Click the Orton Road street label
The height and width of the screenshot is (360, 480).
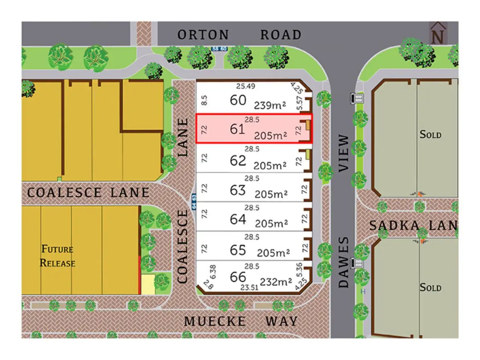coord(239,35)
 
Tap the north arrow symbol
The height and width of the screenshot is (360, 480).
coord(438,35)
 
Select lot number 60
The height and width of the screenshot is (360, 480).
coord(238,100)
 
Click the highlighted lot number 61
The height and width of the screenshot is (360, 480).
coord(237,129)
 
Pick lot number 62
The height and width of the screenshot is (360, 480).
coord(238,161)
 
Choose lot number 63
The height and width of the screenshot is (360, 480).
coord(238,191)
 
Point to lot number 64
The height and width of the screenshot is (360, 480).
coord(238,220)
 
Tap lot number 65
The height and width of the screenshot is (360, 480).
coord(238,250)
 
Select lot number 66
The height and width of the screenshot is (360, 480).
coord(238,277)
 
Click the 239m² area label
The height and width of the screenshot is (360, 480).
coord(270,105)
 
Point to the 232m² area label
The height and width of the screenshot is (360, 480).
coord(276,282)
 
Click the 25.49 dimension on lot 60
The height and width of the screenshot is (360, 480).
coord(246,86)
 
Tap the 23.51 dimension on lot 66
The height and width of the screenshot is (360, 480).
coord(249,288)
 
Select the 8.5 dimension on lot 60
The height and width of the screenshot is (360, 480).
coord(204,101)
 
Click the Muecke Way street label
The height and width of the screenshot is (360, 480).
coord(241,322)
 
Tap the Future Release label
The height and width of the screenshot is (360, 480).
coord(58,256)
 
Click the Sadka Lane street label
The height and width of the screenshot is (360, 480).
coord(413,226)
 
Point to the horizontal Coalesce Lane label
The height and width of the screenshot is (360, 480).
coord(88,193)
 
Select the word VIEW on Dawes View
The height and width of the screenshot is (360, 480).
coord(343,153)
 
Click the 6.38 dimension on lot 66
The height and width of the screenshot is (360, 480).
coord(213,272)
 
